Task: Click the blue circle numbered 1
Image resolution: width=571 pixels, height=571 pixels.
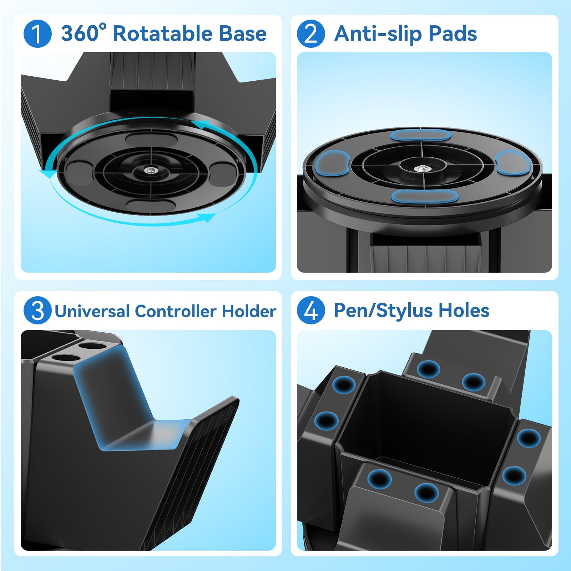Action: [x=37, y=34]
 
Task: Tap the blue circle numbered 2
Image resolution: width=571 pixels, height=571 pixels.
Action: [x=311, y=34]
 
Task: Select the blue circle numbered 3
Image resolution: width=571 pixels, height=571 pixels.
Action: [x=37, y=310]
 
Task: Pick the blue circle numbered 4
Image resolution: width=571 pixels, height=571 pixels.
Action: [x=311, y=310]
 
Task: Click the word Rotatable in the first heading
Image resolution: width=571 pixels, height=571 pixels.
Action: [x=163, y=34]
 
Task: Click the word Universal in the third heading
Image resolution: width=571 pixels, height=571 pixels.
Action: [x=92, y=311]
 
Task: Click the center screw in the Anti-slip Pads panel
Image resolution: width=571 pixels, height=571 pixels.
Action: [x=422, y=168]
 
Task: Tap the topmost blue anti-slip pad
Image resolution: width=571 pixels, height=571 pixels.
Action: [x=420, y=135]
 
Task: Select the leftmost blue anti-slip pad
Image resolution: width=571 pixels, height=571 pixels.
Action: [x=332, y=163]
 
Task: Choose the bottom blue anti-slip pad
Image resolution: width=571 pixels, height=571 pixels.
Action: [x=425, y=197]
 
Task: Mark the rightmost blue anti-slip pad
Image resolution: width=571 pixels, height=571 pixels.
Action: [x=511, y=163]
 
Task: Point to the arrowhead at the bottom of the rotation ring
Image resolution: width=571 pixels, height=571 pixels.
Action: [x=207, y=217]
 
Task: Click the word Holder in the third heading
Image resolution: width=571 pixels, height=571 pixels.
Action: [x=249, y=311]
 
